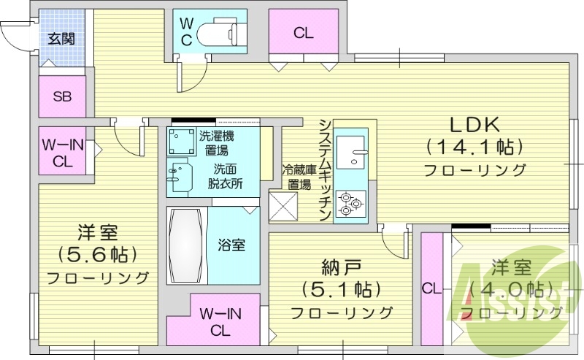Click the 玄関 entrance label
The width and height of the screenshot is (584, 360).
coord(60,39)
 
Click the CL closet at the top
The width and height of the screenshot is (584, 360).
coord(304,32)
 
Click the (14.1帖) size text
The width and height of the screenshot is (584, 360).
coord(475,148)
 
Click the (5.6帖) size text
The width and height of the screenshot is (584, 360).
coord(98,256)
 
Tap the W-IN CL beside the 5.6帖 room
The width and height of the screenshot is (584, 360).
coord(62,152)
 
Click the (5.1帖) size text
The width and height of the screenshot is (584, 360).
coord(342,289)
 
